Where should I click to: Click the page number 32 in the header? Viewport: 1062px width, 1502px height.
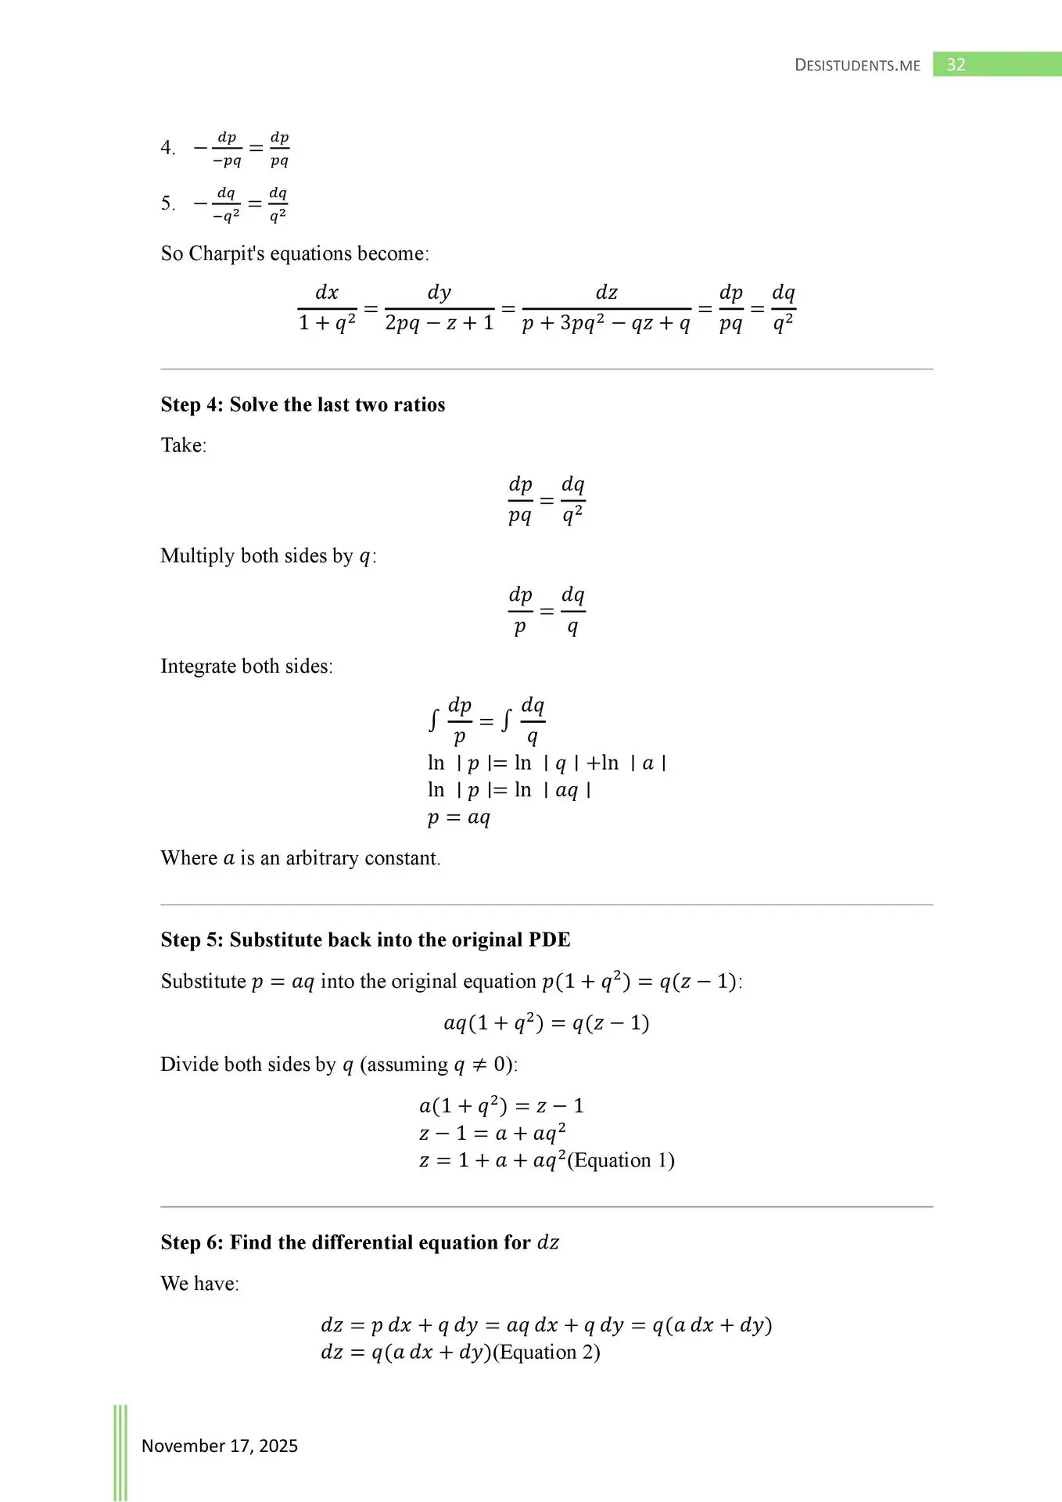click(x=956, y=65)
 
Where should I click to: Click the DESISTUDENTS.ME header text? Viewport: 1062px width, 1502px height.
click(x=857, y=66)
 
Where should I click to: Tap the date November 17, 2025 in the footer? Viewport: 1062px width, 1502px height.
click(x=220, y=1446)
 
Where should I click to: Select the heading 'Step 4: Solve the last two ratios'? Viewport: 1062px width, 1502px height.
click(x=303, y=404)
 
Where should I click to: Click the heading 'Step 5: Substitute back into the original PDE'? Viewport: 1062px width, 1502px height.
click(x=365, y=940)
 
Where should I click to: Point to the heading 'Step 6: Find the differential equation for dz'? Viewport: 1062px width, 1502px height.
click(x=360, y=1242)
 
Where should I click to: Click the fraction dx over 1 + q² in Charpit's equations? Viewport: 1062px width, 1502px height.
click(x=327, y=307)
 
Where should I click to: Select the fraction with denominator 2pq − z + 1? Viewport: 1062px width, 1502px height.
click(x=440, y=307)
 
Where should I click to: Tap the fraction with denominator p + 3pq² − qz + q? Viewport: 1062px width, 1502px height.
click(x=606, y=307)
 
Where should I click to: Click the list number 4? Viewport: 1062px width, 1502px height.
click(x=167, y=148)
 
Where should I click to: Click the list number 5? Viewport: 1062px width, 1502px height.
click(x=167, y=204)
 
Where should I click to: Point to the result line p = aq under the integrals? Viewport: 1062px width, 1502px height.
click(x=459, y=817)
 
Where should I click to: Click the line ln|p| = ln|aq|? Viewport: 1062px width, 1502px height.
click(x=509, y=790)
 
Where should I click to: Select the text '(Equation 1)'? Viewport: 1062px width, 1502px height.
click(x=621, y=1160)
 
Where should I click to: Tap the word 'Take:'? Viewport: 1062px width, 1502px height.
click(x=184, y=445)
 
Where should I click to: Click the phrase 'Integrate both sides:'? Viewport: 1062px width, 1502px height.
click(x=246, y=666)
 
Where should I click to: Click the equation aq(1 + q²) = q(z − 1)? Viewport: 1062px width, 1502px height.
click(x=546, y=1022)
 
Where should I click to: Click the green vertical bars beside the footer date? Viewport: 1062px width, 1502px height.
click(x=120, y=1451)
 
